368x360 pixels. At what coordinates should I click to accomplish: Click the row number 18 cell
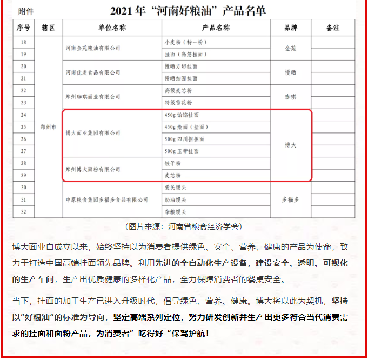coord(23,42)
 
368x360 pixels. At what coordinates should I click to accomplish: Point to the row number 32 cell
coord(23,211)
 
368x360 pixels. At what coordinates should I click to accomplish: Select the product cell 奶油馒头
coord(175,200)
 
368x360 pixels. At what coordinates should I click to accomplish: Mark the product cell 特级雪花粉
coord(177,102)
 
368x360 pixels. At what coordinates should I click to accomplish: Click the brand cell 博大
coord(291,145)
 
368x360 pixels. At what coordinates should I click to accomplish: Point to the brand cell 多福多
coord(291,199)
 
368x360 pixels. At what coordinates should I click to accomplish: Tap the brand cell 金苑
coord(291,48)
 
